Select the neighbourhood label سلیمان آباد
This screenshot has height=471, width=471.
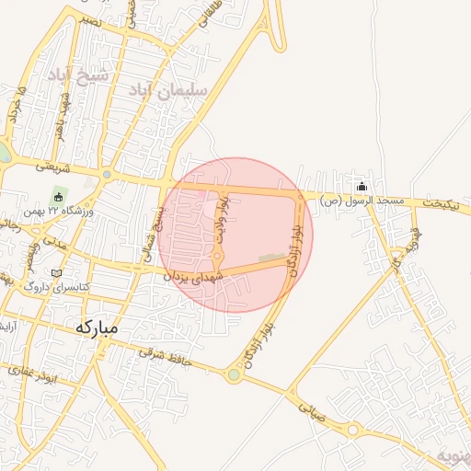pyautogui.click(x=167, y=89)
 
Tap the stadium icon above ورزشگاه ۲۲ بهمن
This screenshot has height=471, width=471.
pyautogui.click(x=59, y=196)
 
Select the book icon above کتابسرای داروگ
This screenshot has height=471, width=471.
pyautogui.click(x=57, y=273)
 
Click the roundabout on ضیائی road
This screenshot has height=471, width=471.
pyautogui.click(x=352, y=430)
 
